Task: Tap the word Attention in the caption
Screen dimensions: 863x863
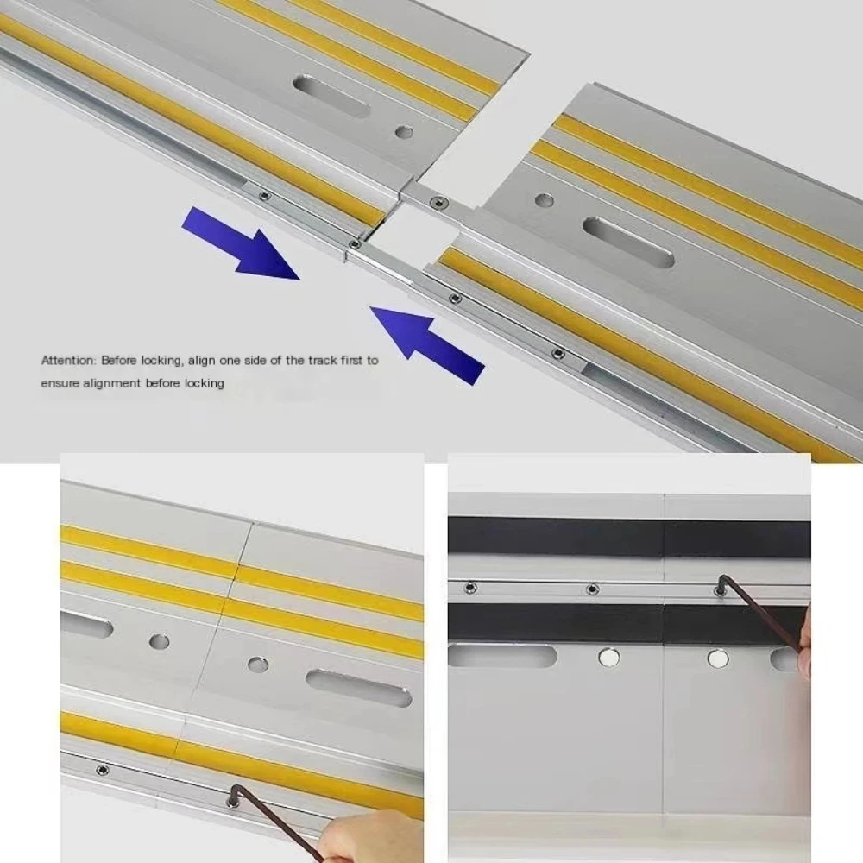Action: (x=69, y=360)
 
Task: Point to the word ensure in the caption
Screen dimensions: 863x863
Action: (x=59, y=382)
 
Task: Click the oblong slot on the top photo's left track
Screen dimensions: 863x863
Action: (x=331, y=95)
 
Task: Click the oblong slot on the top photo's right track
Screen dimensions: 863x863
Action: (x=627, y=241)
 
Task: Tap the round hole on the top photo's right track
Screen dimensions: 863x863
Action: (x=544, y=200)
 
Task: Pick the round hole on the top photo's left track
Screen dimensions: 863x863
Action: (x=403, y=132)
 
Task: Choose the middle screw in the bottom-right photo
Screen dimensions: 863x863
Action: (x=592, y=589)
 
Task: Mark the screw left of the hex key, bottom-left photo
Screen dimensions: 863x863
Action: (x=102, y=768)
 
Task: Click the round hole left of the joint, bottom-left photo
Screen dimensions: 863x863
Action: (x=159, y=642)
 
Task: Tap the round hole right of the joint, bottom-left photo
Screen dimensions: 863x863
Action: (x=257, y=665)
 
